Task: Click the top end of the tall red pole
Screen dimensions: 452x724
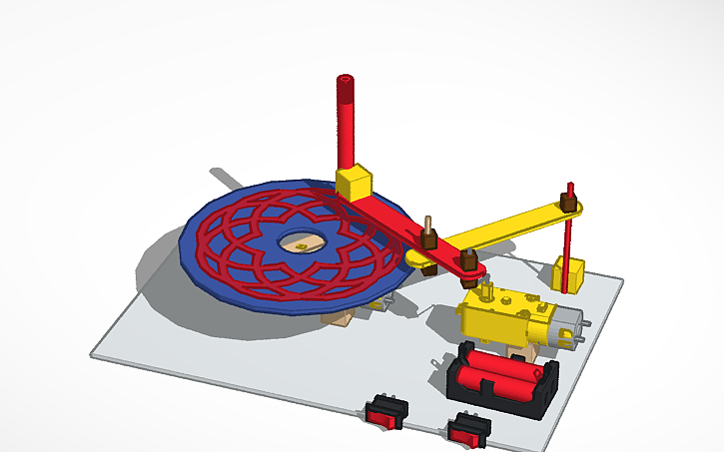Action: pos(346,78)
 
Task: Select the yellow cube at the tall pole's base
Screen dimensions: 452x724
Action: pos(354,182)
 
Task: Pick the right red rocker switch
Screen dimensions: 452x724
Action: pos(468,430)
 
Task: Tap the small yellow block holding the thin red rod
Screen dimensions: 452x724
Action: pos(574,274)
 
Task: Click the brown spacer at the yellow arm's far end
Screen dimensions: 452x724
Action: pos(570,202)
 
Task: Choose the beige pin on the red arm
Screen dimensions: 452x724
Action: pos(428,222)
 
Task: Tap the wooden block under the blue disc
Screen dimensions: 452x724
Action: pos(342,317)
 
